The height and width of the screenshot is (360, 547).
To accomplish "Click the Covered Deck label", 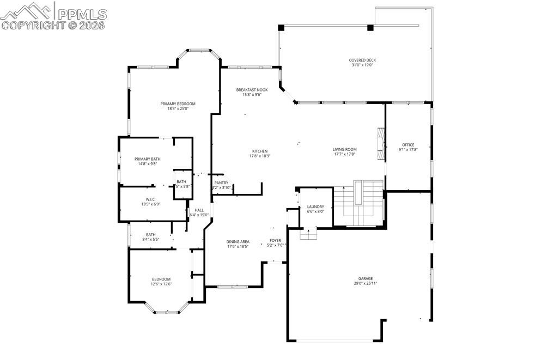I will click(x=362, y=60).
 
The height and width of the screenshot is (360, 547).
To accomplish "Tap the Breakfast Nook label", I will click(x=252, y=89).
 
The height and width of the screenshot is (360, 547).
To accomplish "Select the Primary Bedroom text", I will click(x=178, y=103).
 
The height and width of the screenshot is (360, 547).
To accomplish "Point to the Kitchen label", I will click(x=259, y=151).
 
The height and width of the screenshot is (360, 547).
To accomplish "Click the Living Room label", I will click(x=344, y=149).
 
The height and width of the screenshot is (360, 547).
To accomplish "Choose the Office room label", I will click(x=408, y=145).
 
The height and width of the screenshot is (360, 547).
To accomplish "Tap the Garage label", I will click(x=365, y=278).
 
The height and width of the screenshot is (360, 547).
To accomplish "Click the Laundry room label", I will click(x=315, y=206).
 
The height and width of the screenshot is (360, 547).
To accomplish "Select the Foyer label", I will click(x=275, y=240).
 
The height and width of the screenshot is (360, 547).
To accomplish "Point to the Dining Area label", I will click(x=238, y=241).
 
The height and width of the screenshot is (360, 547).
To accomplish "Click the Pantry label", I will click(x=221, y=183).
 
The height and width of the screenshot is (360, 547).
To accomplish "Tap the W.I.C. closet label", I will click(x=151, y=199).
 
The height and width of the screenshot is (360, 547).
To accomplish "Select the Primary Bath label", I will click(x=148, y=159).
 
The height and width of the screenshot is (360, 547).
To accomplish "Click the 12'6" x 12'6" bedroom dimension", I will click(x=161, y=284).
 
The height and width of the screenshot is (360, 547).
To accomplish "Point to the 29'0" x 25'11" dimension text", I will click(x=365, y=283).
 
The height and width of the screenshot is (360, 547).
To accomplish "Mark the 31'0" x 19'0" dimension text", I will click(x=362, y=65).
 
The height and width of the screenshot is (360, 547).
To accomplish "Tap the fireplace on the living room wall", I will click(x=381, y=144).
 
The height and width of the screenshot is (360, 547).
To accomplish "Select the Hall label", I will click(x=199, y=210).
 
